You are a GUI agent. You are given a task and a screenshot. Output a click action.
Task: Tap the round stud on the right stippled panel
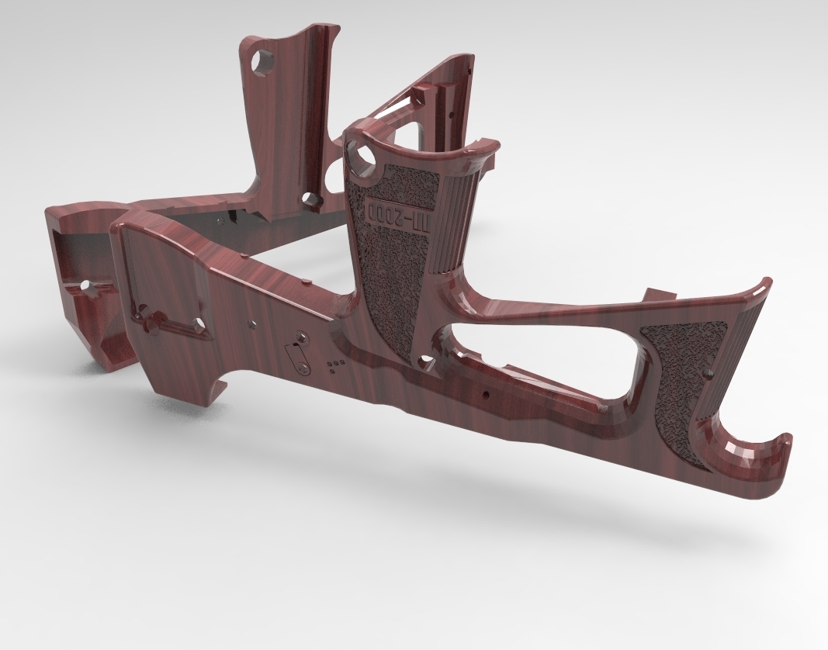[707, 375]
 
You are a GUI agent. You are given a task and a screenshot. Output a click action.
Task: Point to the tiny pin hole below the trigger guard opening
[486, 394]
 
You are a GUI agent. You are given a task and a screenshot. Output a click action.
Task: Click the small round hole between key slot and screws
[251, 320]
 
